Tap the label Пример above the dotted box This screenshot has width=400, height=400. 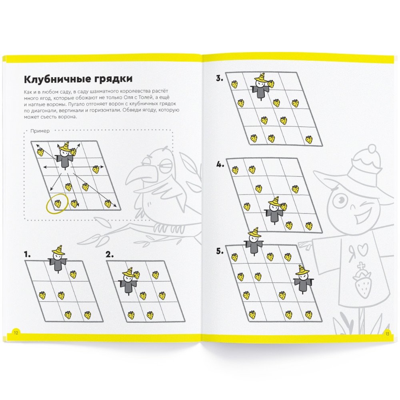tap(40, 131)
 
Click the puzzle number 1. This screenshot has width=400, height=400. tap(27, 254)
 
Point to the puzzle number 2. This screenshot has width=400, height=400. tap(110, 254)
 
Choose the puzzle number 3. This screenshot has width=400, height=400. tap(220, 78)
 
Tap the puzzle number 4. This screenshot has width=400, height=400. tap(220, 164)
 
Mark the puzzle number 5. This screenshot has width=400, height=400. tap(220, 251)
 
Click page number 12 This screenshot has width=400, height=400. tap(16, 333)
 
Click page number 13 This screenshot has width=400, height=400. tap(387, 334)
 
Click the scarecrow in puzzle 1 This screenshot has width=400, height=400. tap(58, 259)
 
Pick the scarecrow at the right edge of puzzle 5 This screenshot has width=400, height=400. tap(303, 280)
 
